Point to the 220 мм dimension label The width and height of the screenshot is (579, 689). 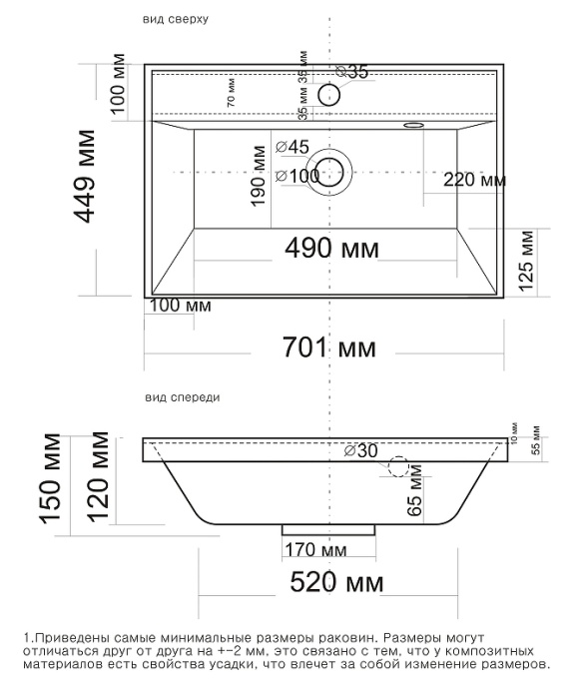pos(473,181)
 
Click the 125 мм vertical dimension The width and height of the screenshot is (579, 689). pos(527,257)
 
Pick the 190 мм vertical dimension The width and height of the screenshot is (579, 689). pos(258,174)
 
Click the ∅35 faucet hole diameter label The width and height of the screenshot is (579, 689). pos(352,72)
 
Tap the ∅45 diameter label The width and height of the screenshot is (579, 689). pos(291,147)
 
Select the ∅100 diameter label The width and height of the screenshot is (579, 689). pos(296,176)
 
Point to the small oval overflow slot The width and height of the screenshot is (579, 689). pos(411,126)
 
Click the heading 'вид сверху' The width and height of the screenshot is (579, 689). pos(176,19)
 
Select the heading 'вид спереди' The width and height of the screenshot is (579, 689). pos(182,397)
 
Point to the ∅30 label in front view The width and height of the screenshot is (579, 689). pos(360,451)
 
